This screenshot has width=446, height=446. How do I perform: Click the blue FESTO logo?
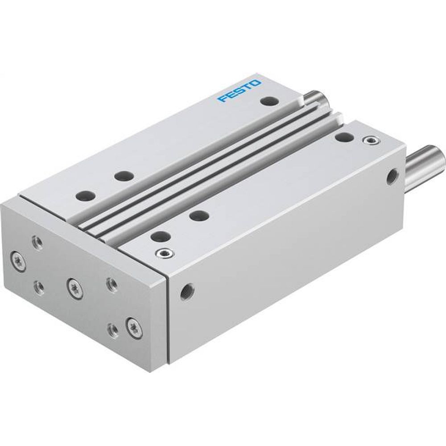click(239, 91)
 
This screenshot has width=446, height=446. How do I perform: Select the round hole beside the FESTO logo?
click(268, 102)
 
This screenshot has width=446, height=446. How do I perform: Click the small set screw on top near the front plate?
click(163, 254)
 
